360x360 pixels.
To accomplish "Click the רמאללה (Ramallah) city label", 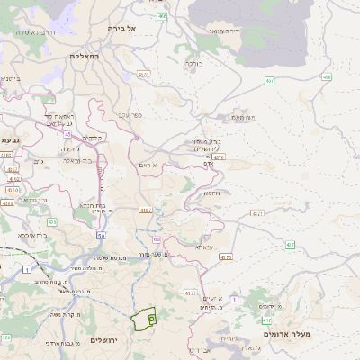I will click(x=87, y=56).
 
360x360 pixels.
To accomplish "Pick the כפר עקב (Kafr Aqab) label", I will click(x=130, y=115).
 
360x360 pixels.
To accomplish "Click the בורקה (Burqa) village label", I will click(x=193, y=64).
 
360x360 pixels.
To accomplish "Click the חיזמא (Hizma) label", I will click(x=212, y=193).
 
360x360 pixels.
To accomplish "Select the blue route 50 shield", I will click(x=102, y=236).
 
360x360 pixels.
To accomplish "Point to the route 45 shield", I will click(x=67, y=134).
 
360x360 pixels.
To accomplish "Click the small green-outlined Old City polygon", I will click(x=144, y=319).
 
